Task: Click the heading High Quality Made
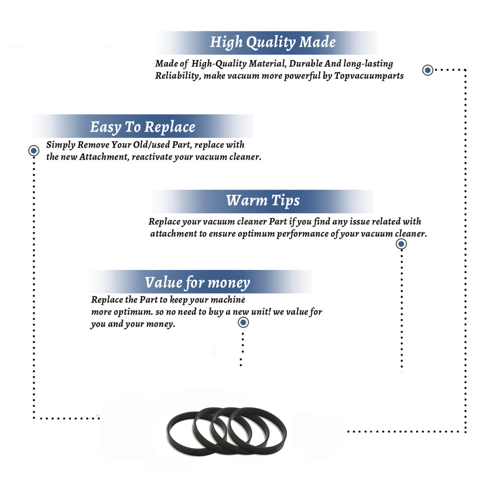click(273, 42)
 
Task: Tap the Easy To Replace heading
click(143, 127)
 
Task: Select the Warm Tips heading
click(263, 200)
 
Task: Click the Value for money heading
click(197, 283)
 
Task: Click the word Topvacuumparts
click(369, 76)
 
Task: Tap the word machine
click(228, 300)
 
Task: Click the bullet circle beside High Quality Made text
click(428, 70)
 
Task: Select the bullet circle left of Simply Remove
click(34, 150)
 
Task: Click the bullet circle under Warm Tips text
click(401, 244)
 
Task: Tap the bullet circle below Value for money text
click(243, 323)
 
